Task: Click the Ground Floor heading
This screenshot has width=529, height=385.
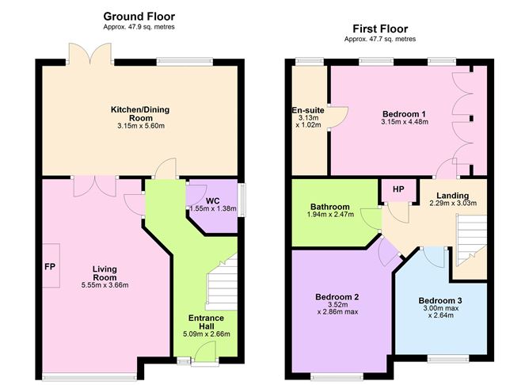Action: [139, 16]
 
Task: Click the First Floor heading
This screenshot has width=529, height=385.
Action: [380, 29]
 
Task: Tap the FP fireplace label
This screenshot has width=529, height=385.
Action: [50, 266]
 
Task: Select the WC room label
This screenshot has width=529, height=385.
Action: [212, 201]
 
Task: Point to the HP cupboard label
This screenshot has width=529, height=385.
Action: [398, 189]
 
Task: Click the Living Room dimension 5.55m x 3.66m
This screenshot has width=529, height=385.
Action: [105, 285]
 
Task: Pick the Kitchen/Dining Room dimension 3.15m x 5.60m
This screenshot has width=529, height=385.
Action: [141, 126]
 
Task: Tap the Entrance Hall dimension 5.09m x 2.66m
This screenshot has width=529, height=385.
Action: [207, 334]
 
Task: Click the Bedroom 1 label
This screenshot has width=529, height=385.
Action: [404, 114]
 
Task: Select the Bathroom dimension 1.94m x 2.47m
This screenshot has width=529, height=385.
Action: [331, 214]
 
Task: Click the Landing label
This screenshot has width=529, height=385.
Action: [453, 196]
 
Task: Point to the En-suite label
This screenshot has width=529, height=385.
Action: [308, 110]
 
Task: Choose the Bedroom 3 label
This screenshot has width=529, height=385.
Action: [440, 300]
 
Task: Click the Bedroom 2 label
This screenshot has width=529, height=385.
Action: [337, 297]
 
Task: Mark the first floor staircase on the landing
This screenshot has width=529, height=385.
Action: [471, 240]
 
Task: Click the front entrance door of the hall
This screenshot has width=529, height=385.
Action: [205, 353]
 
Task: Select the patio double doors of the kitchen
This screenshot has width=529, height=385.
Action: [89, 53]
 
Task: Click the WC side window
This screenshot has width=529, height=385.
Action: [242, 200]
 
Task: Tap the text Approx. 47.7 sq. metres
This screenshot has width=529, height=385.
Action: [380, 39]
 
